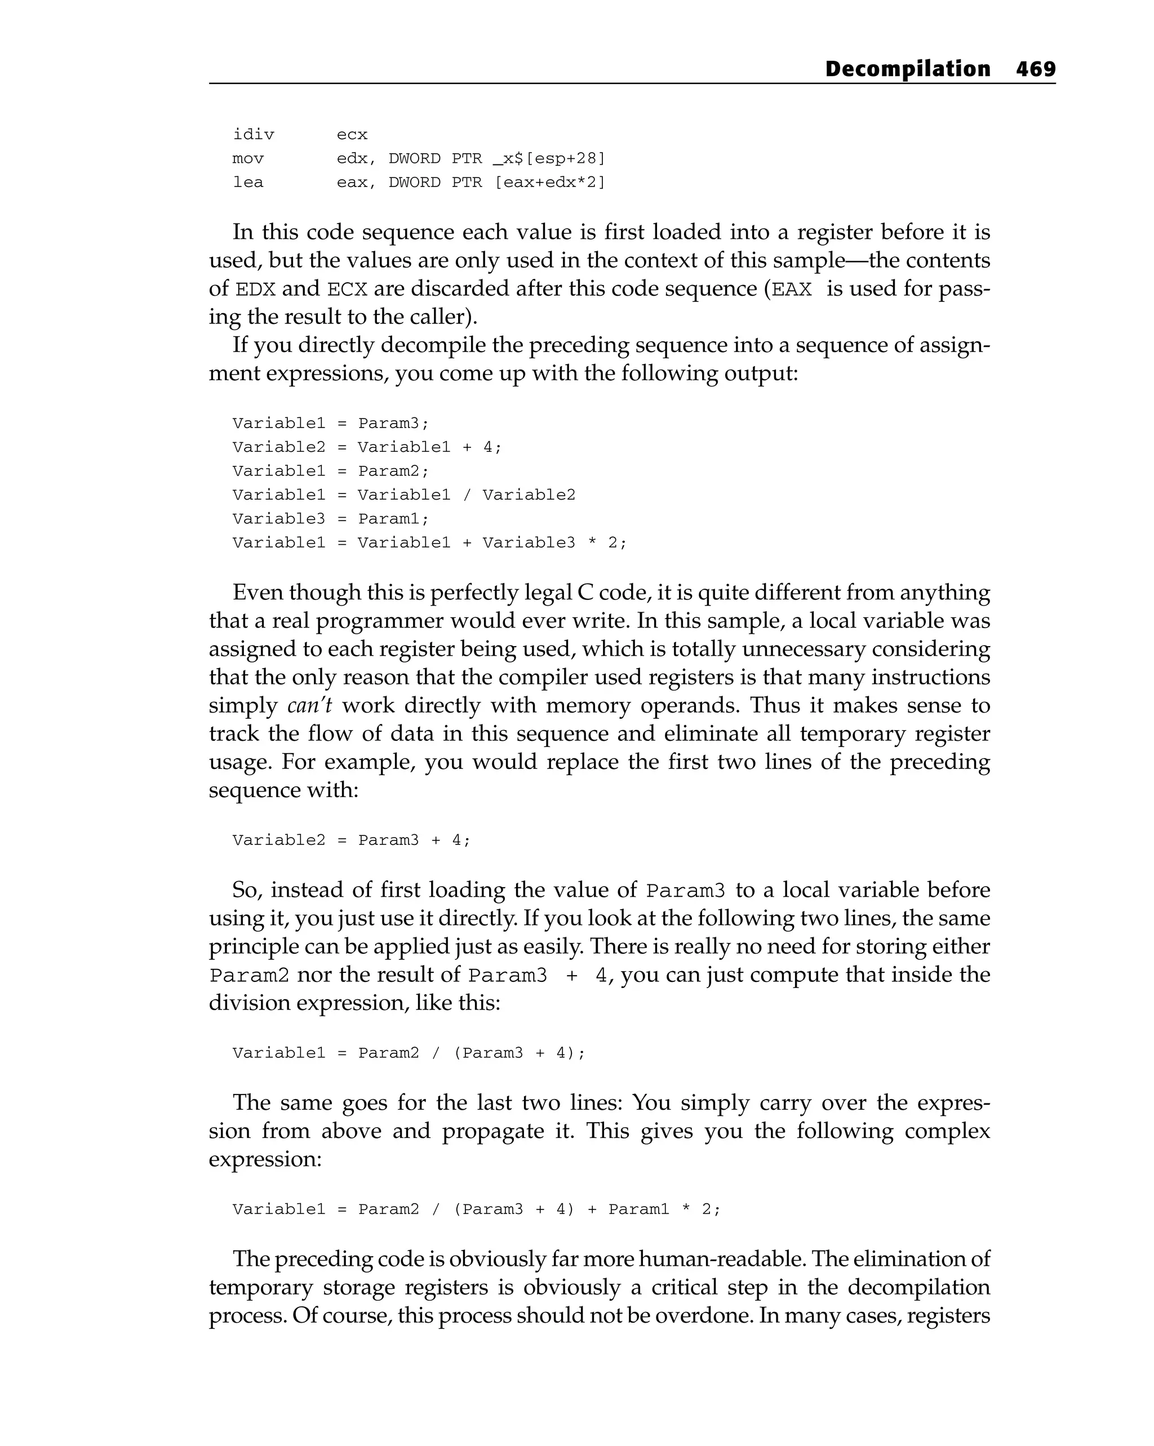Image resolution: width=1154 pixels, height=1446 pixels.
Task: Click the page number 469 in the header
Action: (x=1035, y=69)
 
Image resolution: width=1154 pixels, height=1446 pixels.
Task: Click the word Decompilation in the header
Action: (x=907, y=69)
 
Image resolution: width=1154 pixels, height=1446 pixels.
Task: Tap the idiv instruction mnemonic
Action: (x=253, y=135)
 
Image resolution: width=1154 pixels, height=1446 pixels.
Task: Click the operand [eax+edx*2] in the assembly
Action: (x=549, y=183)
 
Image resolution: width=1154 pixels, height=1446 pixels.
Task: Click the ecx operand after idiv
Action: (x=352, y=135)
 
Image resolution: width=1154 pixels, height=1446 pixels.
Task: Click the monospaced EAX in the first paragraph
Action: (x=792, y=290)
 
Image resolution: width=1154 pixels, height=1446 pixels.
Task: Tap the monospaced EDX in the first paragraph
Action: (x=256, y=290)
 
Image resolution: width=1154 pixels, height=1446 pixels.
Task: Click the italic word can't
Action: (x=309, y=706)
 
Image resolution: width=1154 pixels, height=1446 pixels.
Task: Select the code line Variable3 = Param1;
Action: (x=330, y=518)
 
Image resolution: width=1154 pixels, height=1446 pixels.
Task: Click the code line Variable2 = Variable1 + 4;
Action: (x=366, y=447)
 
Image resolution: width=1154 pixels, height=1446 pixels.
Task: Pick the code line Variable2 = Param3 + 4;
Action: (x=352, y=840)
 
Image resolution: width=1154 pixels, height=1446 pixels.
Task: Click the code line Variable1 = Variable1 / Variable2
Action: (x=404, y=495)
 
